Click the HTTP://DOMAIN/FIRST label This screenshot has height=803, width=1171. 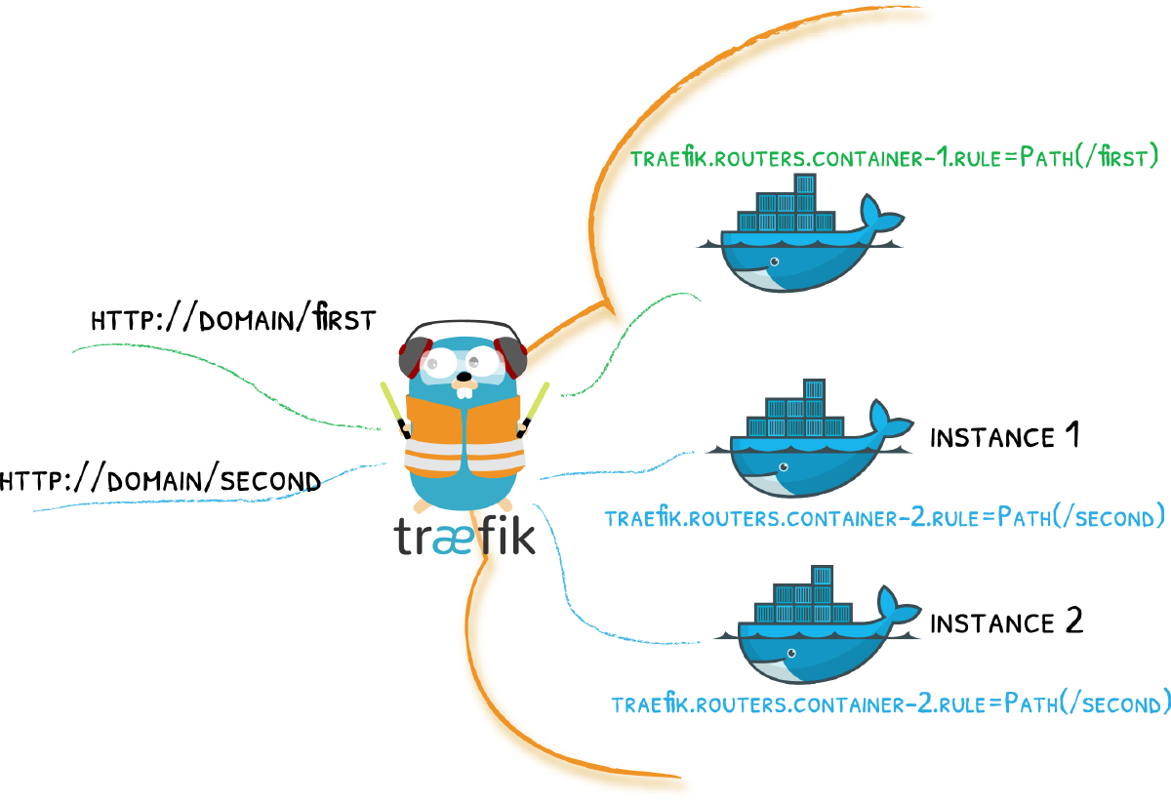[x=232, y=320]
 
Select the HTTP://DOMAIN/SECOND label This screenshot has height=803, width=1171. [x=160, y=481]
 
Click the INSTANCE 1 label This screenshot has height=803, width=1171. [x=1004, y=436]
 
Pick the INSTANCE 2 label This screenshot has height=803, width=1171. [x=1006, y=622]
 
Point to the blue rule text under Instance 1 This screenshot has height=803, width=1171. [x=884, y=516]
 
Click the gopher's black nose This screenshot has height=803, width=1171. [x=467, y=375]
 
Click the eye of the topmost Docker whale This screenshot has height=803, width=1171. [x=774, y=261]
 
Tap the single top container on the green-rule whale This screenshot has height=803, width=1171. [x=805, y=184]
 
